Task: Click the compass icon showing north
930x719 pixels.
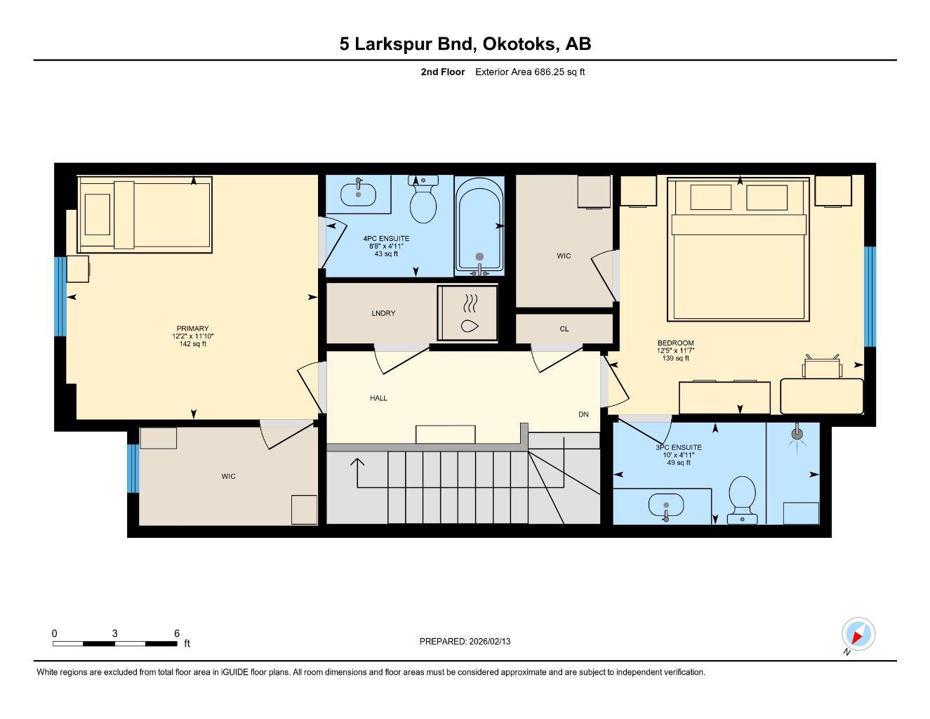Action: point(857,634)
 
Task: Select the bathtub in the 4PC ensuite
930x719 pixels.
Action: point(479,224)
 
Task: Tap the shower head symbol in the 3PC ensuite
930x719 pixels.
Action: point(797,434)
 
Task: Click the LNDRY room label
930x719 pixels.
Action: point(383,313)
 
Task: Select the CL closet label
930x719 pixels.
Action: point(564,329)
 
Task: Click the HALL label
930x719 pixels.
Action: point(378,398)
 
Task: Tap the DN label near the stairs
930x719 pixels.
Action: point(583,414)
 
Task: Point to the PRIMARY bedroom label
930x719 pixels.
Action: point(192,329)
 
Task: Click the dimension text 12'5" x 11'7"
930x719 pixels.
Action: point(675,350)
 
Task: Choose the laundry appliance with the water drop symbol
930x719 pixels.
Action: point(468,313)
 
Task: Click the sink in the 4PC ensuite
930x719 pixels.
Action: point(358,193)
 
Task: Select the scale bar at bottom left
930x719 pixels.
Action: point(115,643)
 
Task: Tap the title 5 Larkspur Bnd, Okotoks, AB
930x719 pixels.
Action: point(465,44)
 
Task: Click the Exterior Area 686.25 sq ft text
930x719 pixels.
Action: point(530,72)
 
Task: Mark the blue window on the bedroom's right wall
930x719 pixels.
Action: point(870,296)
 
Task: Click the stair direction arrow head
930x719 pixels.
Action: point(358,462)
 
